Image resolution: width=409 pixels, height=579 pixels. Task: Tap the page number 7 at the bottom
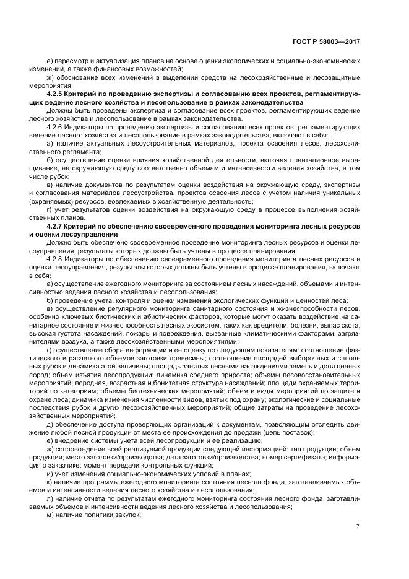tap(358, 526)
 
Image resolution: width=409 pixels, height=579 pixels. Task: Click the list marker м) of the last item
tap(51, 514)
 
